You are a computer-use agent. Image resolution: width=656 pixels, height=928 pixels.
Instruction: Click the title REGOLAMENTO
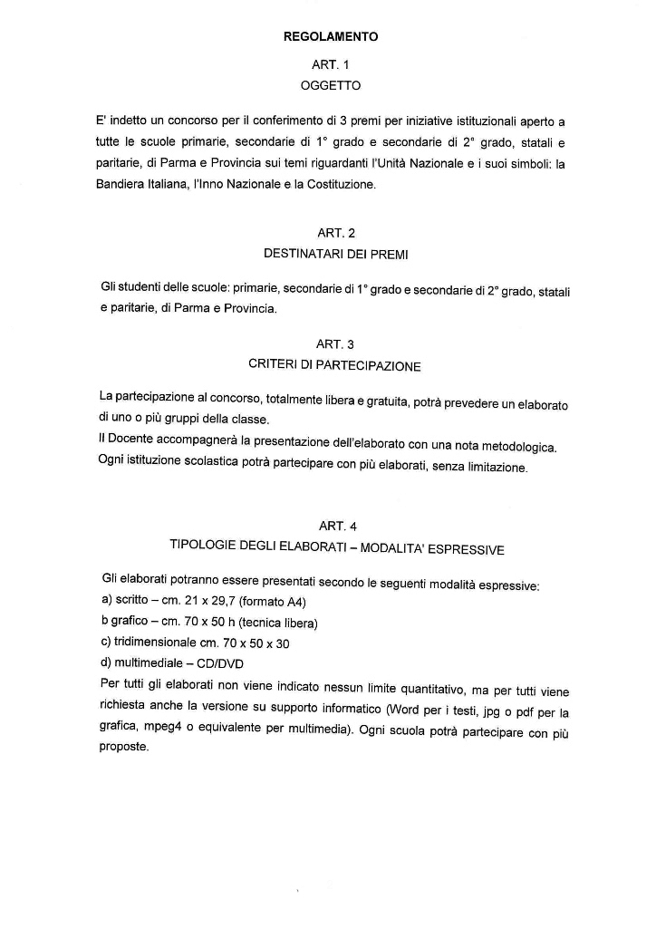pyautogui.click(x=330, y=37)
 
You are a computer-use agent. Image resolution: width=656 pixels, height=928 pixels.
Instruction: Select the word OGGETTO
pyautogui.click(x=330, y=86)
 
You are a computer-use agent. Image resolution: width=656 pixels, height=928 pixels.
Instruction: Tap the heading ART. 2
pyautogui.click(x=330, y=233)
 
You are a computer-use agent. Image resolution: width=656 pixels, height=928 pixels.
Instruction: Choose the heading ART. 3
pyautogui.click(x=330, y=344)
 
